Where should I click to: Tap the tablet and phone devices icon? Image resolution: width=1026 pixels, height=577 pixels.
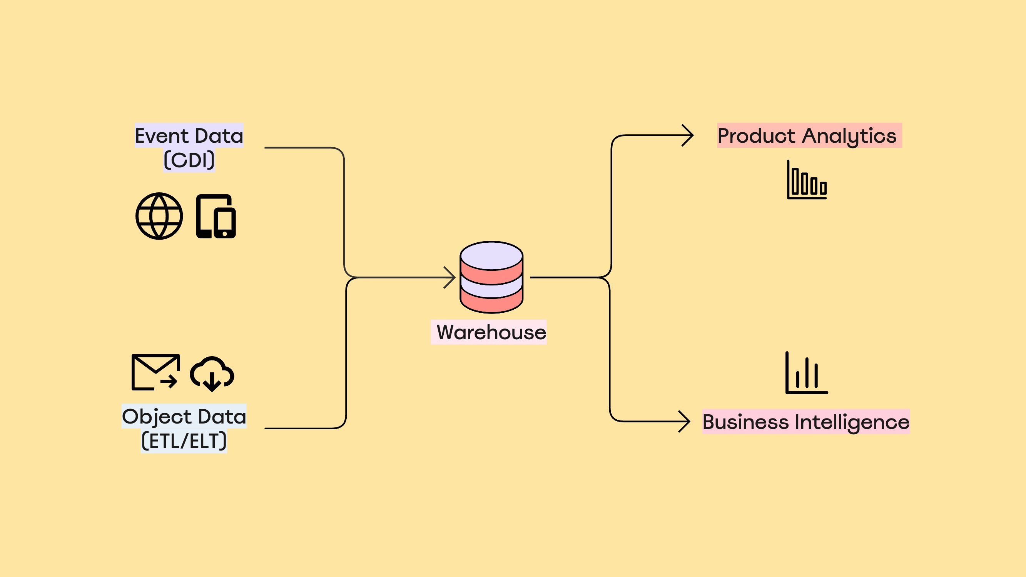click(216, 216)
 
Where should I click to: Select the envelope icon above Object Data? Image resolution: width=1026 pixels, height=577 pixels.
click(155, 372)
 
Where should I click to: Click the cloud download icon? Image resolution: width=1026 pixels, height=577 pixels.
click(212, 374)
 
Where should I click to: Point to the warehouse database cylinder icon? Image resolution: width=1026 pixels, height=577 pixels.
click(491, 277)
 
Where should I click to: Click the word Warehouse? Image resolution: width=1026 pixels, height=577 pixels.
click(491, 332)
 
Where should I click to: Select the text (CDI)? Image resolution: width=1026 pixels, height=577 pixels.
click(189, 160)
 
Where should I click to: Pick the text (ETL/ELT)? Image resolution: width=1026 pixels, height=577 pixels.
click(184, 441)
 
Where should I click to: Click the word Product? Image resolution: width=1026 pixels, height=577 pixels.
click(756, 136)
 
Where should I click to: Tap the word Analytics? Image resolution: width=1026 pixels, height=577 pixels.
click(849, 137)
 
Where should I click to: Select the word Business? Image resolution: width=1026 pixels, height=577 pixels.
click(745, 422)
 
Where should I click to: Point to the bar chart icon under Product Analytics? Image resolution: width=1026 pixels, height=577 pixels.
click(807, 180)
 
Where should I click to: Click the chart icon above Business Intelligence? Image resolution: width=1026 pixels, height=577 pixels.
click(807, 373)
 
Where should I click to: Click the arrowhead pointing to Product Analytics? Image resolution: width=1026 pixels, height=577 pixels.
click(688, 135)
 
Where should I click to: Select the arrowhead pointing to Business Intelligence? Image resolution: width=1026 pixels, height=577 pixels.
click(685, 421)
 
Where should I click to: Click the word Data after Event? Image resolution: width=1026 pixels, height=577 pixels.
click(219, 136)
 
